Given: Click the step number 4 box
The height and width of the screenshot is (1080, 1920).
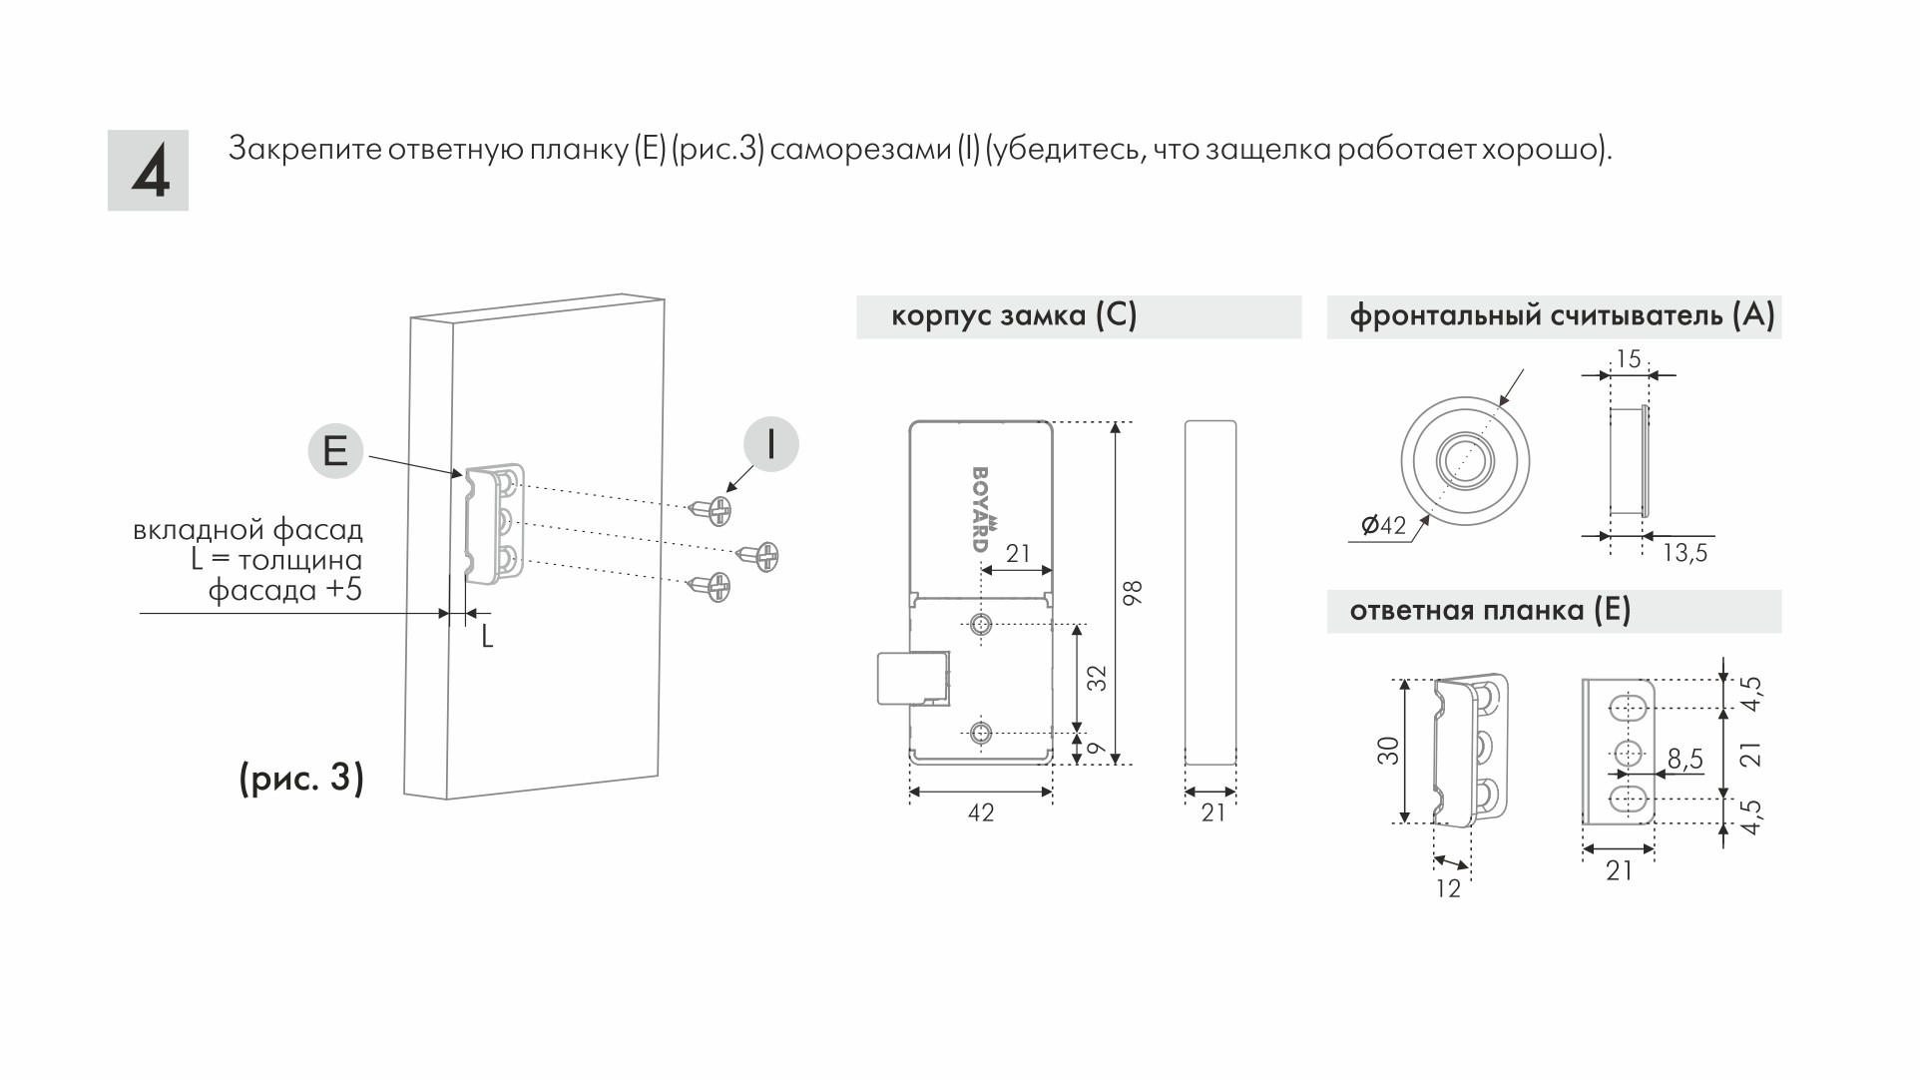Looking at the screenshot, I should tap(148, 171).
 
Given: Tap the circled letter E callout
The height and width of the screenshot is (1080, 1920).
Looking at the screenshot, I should tap(335, 450).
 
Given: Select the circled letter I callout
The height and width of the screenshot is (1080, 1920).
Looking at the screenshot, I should tap(770, 444).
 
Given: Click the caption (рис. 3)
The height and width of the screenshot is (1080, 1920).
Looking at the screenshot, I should tap(301, 778).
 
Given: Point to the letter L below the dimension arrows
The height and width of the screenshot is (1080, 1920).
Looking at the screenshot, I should tap(487, 637).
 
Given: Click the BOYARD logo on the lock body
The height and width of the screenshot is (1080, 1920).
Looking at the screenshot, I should tap(982, 508).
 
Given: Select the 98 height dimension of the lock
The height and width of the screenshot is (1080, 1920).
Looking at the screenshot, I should tap(1132, 593).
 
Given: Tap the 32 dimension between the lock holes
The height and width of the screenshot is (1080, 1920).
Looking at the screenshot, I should tap(1098, 679).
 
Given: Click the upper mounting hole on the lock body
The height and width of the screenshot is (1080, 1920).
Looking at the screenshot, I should tap(982, 625).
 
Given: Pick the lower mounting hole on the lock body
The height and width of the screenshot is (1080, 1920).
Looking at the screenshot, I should tap(982, 734).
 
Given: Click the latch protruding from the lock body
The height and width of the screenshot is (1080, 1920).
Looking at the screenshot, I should tap(910, 679).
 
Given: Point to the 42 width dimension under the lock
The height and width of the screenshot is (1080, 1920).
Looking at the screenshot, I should tap(981, 813).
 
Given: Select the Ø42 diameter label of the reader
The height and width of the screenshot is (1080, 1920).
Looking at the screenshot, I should tap(1383, 525).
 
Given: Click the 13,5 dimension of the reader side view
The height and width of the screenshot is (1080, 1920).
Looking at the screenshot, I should tap(1684, 553).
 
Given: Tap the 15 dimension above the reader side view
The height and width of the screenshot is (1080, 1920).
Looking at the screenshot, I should tap(1628, 359).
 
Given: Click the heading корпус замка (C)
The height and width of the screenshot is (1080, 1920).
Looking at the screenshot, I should tap(1014, 316).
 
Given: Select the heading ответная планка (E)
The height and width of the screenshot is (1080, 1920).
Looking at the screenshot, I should tap(1490, 611).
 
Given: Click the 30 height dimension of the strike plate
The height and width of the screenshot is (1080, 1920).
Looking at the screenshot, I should tap(1388, 751).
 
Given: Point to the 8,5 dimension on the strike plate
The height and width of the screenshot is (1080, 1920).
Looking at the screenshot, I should tap(1684, 760).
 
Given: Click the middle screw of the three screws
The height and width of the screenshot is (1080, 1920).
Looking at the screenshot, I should tap(760, 555).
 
